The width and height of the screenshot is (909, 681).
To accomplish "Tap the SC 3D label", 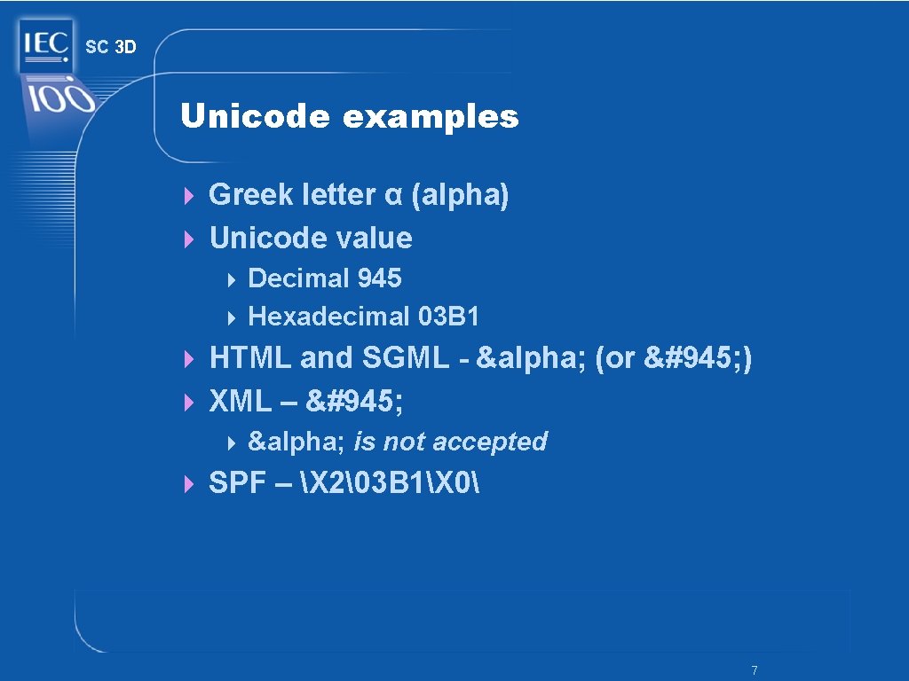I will click(x=111, y=47).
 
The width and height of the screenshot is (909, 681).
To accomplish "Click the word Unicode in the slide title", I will click(x=255, y=116).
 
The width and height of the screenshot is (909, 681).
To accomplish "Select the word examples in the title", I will click(x=430, y=116).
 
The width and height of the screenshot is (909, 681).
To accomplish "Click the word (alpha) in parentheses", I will click(x=460, y=195).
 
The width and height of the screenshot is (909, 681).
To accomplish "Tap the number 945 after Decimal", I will click(x=379, y=278).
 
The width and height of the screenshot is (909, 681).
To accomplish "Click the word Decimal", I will click(x=299, y=278).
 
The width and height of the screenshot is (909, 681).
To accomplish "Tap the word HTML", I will click(x=250, y=358).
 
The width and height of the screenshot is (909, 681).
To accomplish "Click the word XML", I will click(x=239, y=402).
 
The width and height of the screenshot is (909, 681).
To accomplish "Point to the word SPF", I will click(x=236, y=483).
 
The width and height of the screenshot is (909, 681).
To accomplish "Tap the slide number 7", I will click(x=754, y=669).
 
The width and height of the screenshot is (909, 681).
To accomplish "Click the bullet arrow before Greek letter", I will click(x=188, y=195).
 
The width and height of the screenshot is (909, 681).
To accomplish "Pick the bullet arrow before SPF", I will click(x=188, y=484).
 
